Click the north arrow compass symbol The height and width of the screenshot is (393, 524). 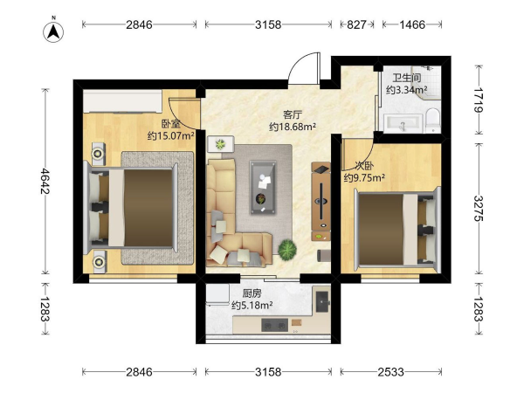(53, 31)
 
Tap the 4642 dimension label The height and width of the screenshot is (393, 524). (45, 181)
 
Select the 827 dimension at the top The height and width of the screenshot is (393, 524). (356, 24)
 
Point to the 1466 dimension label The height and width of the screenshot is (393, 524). (412, 24)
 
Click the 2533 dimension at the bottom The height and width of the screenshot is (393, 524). (390, 372)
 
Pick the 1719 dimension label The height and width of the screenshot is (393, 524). (479, 100)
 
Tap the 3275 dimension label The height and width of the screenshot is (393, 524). (479, 208)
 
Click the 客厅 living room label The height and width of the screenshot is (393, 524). (293, 114)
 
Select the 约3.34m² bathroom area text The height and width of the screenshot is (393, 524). (407, 90)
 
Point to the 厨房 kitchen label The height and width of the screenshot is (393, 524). (252, 293)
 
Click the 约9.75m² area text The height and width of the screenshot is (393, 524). (364, 177)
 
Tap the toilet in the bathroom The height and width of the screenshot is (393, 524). (433, 120)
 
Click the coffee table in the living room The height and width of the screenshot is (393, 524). (263, 187)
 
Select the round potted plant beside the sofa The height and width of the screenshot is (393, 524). (287, 250)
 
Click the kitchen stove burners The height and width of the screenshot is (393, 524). (274, 325)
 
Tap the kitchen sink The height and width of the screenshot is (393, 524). (322, 302)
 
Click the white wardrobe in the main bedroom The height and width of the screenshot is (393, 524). (122, 101)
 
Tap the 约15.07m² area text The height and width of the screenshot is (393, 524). (171, 135)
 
